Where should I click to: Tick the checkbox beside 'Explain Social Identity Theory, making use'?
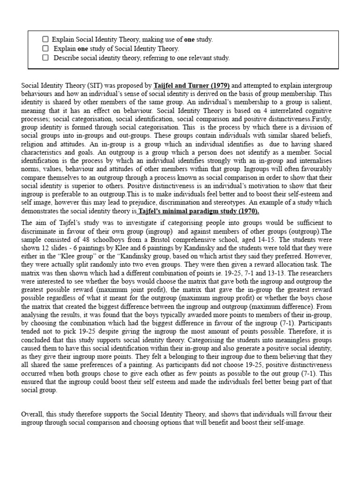click(45, 40)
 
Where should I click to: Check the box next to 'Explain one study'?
click(45, 49)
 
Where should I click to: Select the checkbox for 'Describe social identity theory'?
click(45, 58)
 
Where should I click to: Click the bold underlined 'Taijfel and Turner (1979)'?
click(192, 86)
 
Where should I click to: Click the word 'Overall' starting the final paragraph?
click(32, 414)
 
